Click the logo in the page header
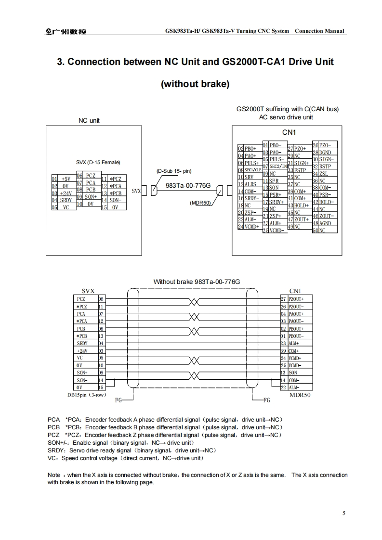[63, 31]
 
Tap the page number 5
[343, 513]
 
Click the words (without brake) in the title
[195, 84]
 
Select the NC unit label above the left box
[89, 120]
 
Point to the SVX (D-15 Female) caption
[98, 162]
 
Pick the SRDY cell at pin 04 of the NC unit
[66, 200]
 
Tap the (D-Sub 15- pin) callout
[174, 171]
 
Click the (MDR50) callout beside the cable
[200, 203]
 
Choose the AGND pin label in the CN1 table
[325, 223]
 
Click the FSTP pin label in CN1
[300, 170]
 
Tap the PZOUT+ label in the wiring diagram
[296, 299]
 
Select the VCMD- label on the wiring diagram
[295, 366]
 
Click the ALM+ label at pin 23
[293, 343]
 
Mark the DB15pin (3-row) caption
[87, 395]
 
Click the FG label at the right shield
[267, 399]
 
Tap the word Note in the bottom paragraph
[54, 475]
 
